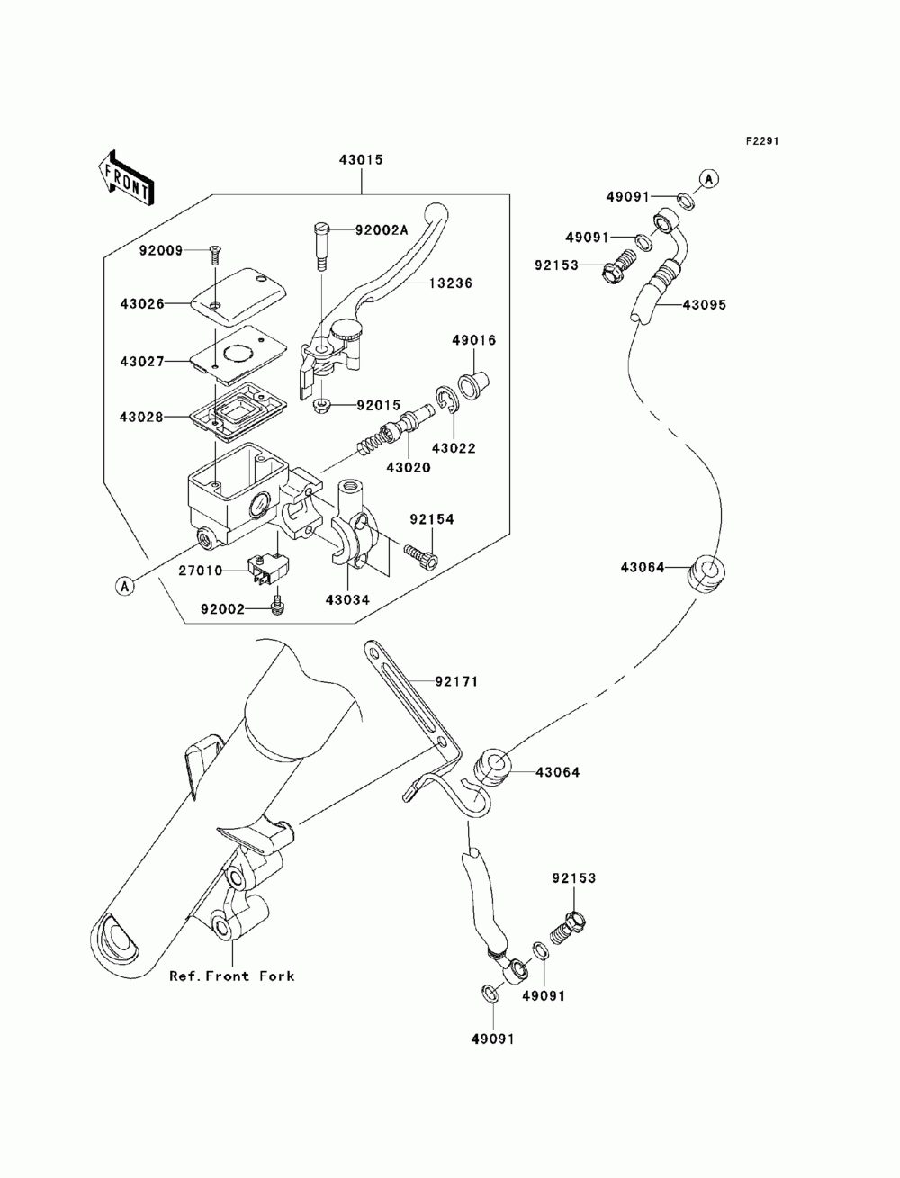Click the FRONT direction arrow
point(126,177)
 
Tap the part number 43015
point(361,160)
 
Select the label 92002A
point(382,230)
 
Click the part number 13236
point(450,283)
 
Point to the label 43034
point(347,600)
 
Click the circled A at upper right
point(708,179)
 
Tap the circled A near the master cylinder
point(124,586)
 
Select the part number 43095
point(704,305)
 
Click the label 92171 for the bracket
point(456,681)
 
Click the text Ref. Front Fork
point(232,976)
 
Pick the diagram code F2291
point(761,141)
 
